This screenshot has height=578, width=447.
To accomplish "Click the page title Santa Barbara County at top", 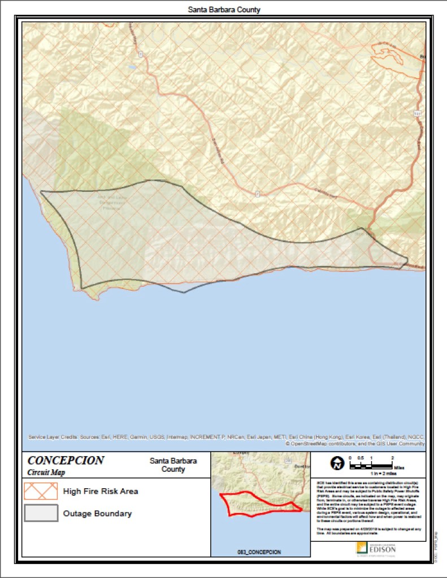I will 224,10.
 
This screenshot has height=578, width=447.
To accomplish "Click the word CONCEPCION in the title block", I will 66,461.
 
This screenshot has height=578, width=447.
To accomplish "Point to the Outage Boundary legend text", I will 97,514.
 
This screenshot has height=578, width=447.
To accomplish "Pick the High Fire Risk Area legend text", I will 101,491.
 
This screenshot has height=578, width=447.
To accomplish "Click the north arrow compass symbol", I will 337,464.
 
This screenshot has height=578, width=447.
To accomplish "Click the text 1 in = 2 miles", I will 377,475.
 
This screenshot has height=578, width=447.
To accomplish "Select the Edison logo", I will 375,548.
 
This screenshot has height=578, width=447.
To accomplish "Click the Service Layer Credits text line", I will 226,437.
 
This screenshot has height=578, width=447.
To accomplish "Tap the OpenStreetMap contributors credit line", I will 355,444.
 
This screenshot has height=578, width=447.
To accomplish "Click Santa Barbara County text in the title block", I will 173,465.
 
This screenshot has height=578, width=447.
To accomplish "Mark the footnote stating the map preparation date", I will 368,531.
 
